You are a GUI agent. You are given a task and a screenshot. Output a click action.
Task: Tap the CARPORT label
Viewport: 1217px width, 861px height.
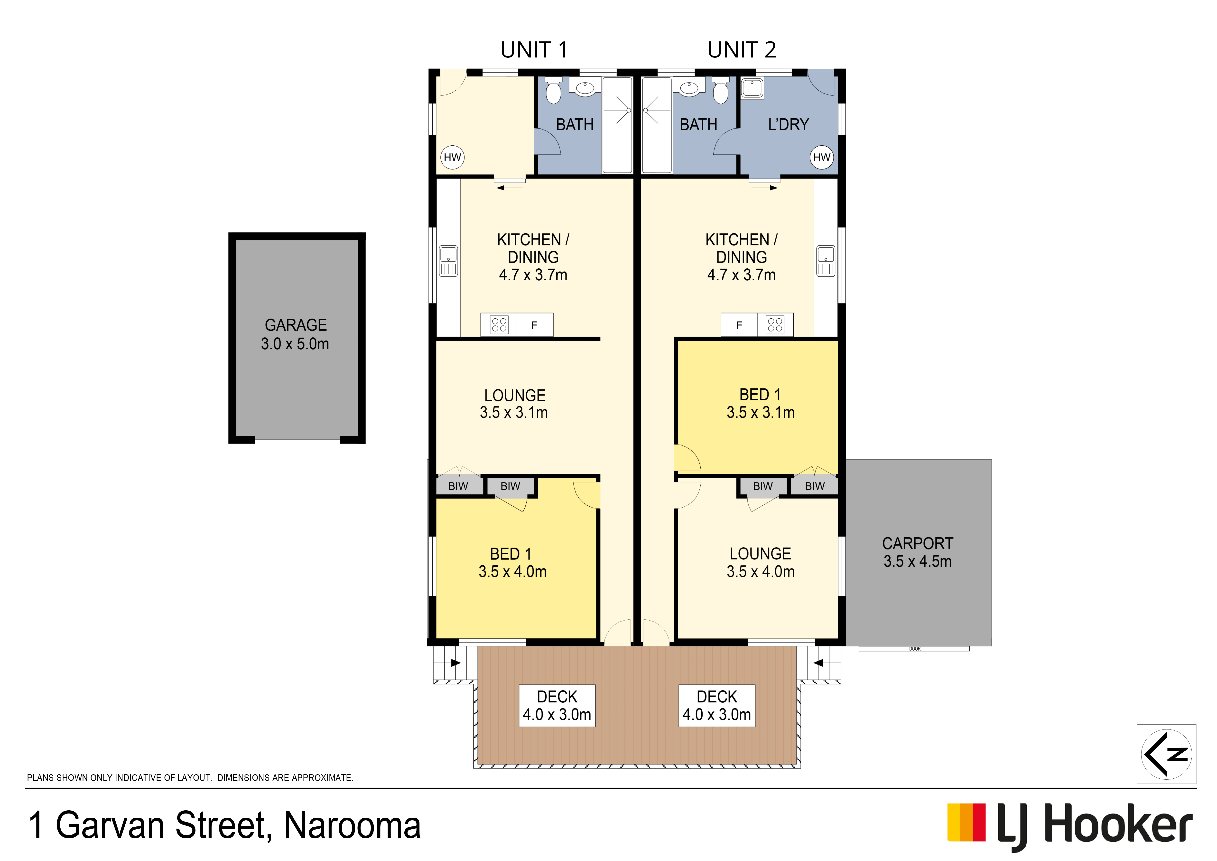click(918, 552)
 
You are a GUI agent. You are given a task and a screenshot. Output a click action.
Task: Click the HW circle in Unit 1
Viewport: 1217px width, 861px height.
click(452, 157)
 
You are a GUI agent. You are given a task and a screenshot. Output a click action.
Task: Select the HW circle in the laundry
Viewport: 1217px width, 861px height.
click(822, 157)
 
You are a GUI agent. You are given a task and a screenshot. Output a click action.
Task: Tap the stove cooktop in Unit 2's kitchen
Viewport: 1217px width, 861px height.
click(775, 324)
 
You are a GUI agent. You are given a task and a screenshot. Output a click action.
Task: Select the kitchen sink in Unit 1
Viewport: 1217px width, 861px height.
click(448, 261)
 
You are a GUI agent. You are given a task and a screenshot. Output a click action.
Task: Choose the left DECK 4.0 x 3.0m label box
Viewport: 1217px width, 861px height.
click(557, 706)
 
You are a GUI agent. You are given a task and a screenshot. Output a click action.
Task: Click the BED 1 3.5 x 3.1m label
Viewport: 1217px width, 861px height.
click(761, 403)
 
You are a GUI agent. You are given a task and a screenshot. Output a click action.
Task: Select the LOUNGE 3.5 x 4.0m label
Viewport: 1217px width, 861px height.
click(761, 563)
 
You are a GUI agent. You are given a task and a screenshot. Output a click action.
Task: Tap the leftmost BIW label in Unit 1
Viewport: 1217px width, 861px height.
click(458, 486)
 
